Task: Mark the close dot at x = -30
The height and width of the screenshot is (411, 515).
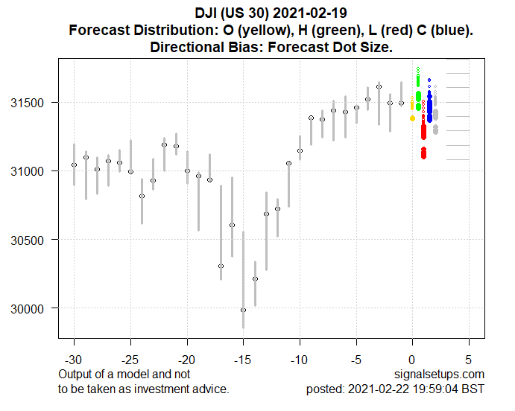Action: pos(74,165)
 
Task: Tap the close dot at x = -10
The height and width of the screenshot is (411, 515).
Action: pos(300,150)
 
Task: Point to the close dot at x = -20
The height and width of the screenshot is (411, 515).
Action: pos(187,171)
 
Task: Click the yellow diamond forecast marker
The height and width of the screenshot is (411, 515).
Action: pos(413,118)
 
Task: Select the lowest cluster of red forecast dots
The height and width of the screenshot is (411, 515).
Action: pos(423,153)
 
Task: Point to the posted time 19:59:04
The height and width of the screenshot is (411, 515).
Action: pos(432,389)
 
